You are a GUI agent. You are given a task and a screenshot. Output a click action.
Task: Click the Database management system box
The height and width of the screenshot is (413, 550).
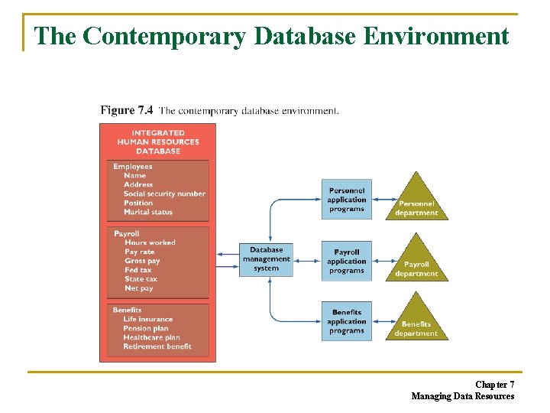(266, 260)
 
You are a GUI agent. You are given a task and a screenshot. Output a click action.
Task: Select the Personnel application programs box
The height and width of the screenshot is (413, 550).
(346, 200)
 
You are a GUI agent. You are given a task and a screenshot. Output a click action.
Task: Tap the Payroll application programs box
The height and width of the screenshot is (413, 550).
(346, 261)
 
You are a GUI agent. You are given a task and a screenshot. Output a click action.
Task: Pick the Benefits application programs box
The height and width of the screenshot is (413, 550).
(346, 321)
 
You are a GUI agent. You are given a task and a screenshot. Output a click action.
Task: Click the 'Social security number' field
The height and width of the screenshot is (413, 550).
(164, 194)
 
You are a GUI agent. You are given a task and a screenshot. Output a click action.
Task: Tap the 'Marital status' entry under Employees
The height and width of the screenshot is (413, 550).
(148, 213)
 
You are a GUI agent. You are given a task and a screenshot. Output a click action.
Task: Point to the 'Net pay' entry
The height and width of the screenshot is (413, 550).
(138, 288)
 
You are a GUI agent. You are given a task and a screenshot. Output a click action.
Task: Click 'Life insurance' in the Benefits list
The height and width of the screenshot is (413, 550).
(147, 320)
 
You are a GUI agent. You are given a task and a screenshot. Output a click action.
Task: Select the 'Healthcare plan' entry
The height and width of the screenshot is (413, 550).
(151, 337)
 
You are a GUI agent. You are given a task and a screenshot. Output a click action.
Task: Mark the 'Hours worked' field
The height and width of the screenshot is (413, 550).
(150, 242)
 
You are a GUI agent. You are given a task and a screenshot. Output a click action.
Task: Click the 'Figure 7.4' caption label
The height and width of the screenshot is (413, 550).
(126, 111)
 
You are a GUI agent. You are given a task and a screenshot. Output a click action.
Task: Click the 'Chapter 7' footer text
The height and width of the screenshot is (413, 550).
(494, 384)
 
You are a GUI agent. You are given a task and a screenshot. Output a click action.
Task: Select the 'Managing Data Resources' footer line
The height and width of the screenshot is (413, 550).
(462, 396)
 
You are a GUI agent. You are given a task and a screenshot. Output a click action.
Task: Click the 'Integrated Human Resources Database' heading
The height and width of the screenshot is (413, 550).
(157, 141)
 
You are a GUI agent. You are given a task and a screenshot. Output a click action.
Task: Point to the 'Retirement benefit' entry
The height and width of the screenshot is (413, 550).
(157, 346)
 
